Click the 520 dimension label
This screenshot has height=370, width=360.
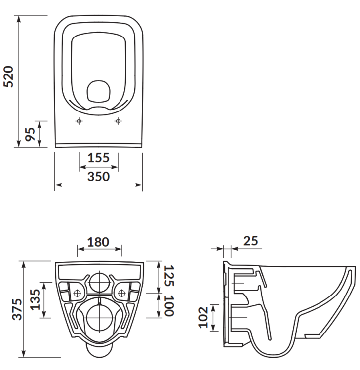click(x=9, y=76)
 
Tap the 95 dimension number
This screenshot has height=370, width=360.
click(x=30, y=134)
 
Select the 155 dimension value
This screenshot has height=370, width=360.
click(x=98, y=158)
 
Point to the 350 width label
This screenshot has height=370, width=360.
click(x=98, y=177)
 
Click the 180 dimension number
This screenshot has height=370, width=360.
click(x=98, y=242)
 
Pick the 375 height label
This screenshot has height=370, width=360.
click(x=17, y=309)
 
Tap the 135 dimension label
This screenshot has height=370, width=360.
click(x=35, y=299)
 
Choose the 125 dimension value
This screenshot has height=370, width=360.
click(x=169, y=276)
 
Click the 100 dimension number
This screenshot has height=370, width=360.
click(x=169, y=306)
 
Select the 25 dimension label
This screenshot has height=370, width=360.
click(x=251, y=241)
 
